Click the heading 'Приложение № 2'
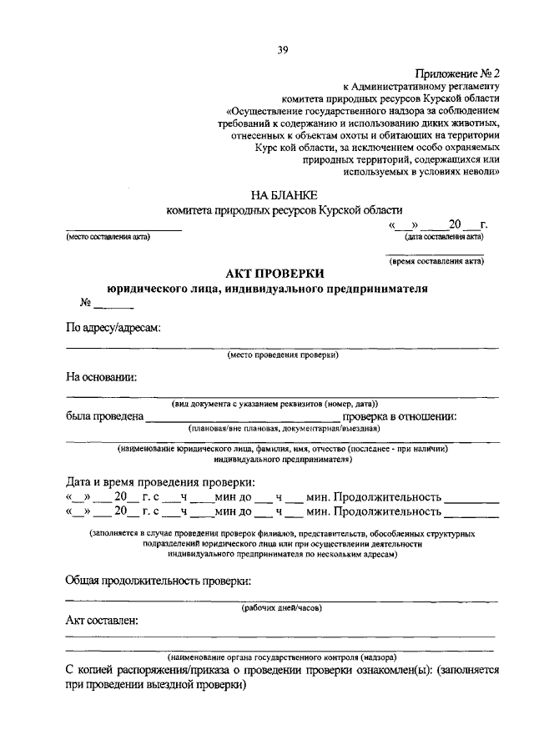click(456, 73)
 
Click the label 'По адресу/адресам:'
click(113, 328)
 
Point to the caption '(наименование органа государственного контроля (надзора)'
click(281, 657)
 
